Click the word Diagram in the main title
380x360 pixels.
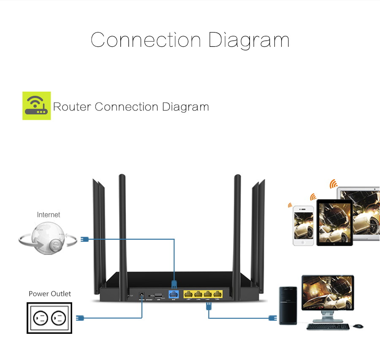pos(249,40)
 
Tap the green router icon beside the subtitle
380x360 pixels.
pos(36,106)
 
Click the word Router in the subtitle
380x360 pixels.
pos(72,106)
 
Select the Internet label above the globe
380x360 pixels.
pos(49,215)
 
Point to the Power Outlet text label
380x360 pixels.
pos(50,294)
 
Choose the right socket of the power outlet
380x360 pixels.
pos(59,318)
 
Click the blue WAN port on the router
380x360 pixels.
pos(174,294)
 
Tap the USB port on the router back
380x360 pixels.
pos(158,295)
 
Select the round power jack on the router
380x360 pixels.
pos(141,295)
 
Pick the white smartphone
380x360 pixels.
pos(304,225)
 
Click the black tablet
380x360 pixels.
pos(334,222)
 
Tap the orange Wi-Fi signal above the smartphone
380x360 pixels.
pos(290,206)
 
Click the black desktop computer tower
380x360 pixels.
pos(288,306)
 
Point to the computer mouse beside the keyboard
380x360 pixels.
pos(358,326)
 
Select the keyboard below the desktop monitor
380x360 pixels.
pos(328,327)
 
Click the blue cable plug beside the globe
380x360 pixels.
pos(84,239)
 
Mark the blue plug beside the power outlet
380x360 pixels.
pos(80,318)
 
